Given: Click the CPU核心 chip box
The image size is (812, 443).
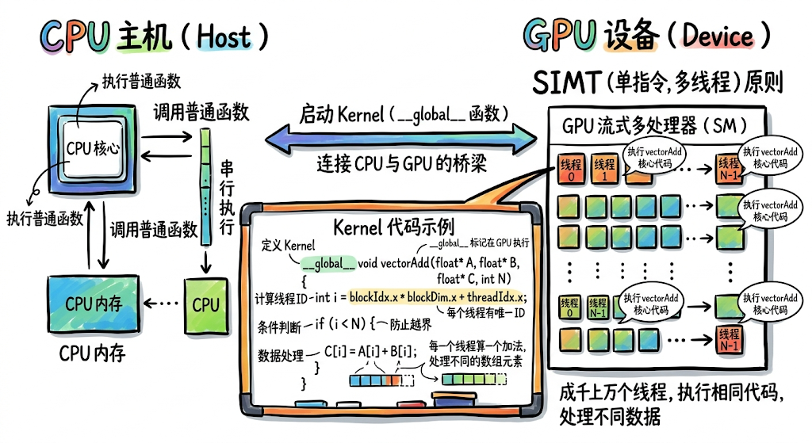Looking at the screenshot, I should tap(93, 148).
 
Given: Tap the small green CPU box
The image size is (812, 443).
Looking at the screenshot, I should tap(205, 305).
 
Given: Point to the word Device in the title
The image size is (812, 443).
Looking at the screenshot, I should tap(718, 36).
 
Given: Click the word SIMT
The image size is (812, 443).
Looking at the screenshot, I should tap(569, 82).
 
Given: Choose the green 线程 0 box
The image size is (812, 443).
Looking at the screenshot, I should tap(570, 307).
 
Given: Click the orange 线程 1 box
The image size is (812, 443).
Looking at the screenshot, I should tap(603, 168).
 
